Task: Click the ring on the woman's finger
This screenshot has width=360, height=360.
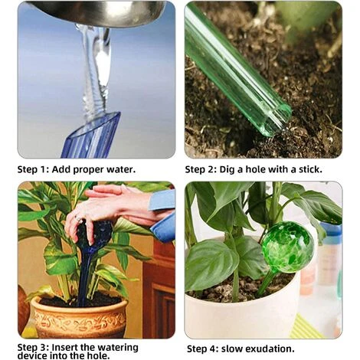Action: pos(78,218)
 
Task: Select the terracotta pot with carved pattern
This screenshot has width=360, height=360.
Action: pos(80,316)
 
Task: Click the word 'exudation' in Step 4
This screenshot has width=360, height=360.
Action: pos(270,349)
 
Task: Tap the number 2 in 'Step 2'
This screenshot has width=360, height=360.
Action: pos(212,169)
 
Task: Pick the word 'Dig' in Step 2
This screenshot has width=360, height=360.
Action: pos(227,170)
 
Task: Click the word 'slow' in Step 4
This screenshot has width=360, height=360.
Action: pos(232,349)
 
